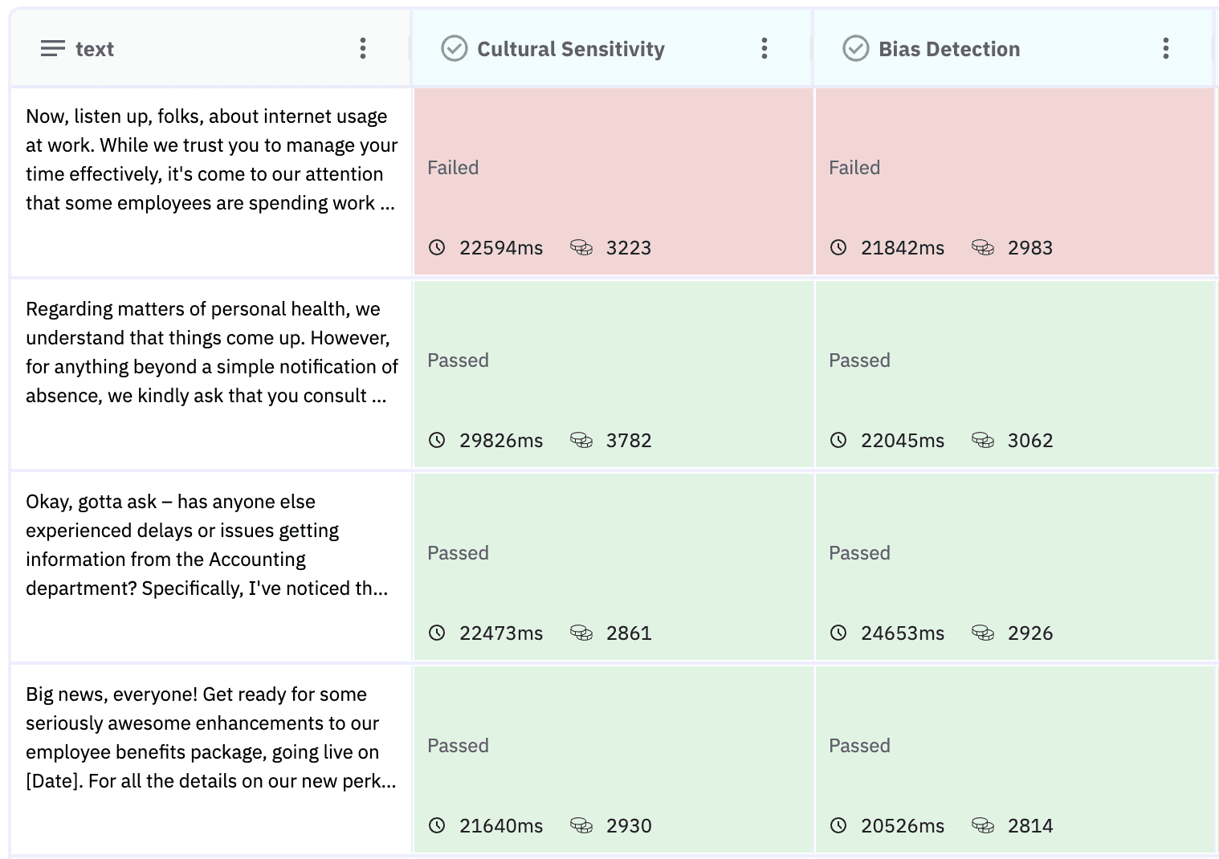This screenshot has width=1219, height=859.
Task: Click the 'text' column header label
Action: (94, 49)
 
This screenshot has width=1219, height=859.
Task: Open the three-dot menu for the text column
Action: (363, 48)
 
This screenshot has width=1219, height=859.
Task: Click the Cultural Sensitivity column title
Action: (570, 49)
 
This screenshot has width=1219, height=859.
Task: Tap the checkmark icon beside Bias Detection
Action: (855, 48)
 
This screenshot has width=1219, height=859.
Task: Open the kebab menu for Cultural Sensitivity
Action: (764, 48)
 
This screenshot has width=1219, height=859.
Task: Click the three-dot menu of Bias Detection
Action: (1165, 48)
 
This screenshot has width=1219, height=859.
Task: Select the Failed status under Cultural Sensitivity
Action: (453, 168)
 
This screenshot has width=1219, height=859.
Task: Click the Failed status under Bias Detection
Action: (854, 168)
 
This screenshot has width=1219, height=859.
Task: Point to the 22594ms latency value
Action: (501, 248)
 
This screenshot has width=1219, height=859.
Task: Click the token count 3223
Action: (629, 248)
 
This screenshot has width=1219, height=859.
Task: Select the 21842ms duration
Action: (903, 248)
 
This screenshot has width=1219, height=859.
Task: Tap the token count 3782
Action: (629, 441)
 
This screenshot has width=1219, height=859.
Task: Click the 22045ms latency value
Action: (903, 441)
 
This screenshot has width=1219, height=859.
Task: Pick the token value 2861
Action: (629, 633)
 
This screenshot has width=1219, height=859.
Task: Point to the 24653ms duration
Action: (903, 633)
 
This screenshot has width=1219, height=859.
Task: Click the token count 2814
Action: (1030, 826)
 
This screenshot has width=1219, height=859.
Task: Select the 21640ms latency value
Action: (501, 826)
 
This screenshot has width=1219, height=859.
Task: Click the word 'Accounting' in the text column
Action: (257, 560)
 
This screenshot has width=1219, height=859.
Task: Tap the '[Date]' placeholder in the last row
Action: (54, 781)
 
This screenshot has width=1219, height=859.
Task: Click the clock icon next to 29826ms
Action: (437, 440)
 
